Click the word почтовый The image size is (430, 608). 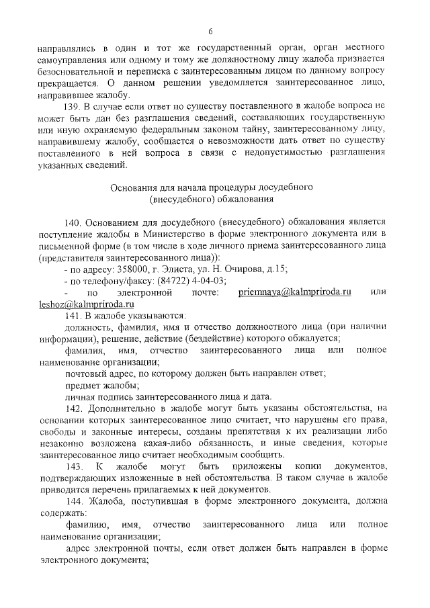(x=84, y=373)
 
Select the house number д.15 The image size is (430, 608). (x=275, y=269)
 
